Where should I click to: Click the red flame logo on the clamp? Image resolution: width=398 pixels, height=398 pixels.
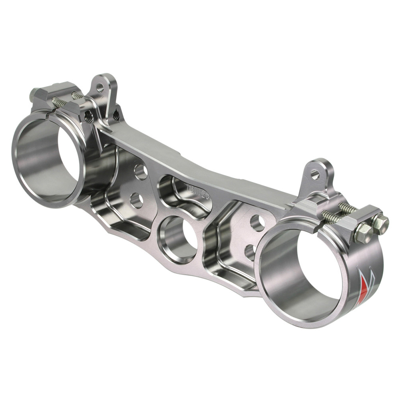pos(363,287)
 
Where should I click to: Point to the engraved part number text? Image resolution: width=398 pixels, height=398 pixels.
pos(197,191)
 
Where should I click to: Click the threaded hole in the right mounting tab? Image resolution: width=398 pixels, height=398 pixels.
pos(315,174)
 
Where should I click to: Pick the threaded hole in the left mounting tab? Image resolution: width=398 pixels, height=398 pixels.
pos(100,88)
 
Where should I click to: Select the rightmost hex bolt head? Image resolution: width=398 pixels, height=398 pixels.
pos(381,224)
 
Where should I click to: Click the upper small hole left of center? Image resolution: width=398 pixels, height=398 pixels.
pos(140,172)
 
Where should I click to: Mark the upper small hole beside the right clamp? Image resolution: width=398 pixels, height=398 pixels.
pos(257,223)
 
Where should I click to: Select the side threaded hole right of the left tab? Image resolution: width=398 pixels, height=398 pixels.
pos(116,115)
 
